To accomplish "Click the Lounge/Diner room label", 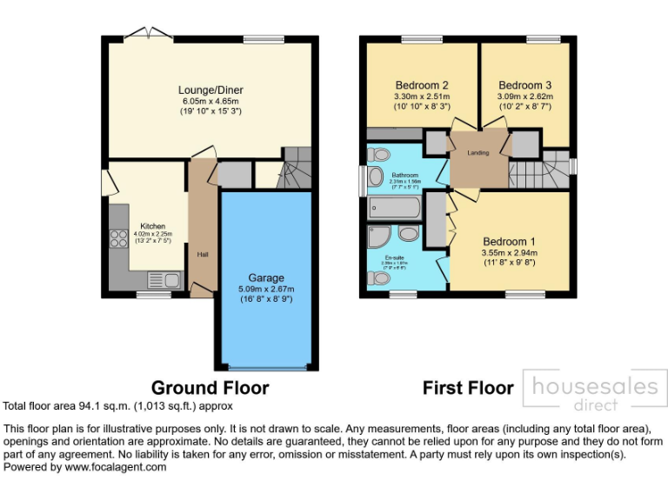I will (x=210, y=90).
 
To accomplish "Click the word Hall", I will (x=202, y=254).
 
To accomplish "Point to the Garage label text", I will (x=266, y=277).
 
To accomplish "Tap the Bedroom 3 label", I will (x=524, y=85).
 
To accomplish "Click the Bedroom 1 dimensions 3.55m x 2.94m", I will (x=511, y=253).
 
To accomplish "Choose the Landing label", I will (x=478, y=153).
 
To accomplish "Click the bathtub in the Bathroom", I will (x=395, y=208).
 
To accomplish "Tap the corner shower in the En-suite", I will (x=378, y=237).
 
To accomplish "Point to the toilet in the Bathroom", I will (x=378, y=155).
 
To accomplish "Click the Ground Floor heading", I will (x=210, y=387).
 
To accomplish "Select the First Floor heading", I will (x=468, y=387).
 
